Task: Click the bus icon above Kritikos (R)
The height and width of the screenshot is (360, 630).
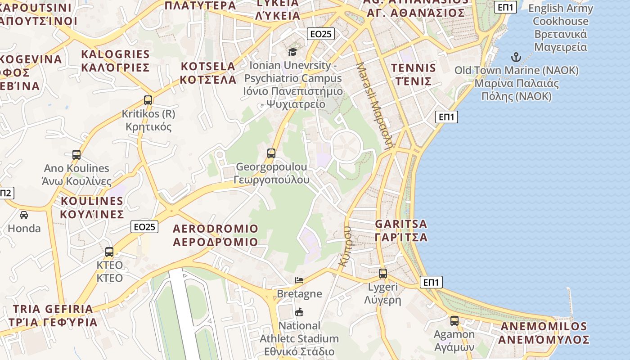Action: [148, 100]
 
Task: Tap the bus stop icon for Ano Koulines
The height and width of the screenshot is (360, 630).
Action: [76, 155]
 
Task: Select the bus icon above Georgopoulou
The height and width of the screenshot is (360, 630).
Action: [271, 153]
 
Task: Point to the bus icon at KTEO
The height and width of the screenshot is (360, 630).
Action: [109, 252]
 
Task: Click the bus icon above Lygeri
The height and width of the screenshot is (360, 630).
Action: [383, 273]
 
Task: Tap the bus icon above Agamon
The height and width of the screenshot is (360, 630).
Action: [454, 321]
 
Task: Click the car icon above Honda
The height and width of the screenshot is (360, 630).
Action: [24, 215]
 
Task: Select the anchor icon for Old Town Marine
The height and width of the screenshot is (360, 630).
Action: [516, 57]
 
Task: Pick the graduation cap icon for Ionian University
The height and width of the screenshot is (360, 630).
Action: [292, 52]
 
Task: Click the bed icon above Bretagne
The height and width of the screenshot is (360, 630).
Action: [299, 280]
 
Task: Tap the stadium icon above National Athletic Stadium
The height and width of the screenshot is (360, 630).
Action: [299, 312]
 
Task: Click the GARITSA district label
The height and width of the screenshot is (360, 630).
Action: [401, 230]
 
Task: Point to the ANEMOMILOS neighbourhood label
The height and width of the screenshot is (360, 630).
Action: [543, 333]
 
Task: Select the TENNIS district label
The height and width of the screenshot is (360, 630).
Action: [414, 75]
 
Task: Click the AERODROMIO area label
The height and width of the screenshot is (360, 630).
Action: [216, 235]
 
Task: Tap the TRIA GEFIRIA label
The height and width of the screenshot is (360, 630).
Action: [53, 315]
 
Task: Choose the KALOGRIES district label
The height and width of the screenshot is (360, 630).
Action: [115, 61]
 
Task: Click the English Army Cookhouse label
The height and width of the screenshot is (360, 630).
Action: [560, 27]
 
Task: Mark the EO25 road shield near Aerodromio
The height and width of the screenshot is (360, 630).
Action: [144, 227]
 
